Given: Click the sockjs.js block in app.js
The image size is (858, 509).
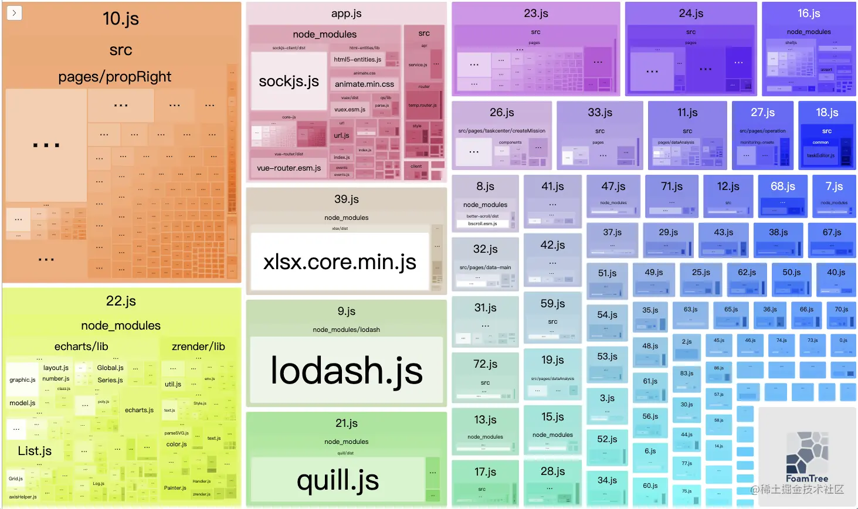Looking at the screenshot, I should (x=289, y=81).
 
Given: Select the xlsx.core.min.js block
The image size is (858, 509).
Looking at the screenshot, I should (x=340, y=262).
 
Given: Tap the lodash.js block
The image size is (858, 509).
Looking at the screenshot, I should (x=346, y=370).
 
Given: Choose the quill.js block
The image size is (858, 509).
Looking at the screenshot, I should (x=337, y=480).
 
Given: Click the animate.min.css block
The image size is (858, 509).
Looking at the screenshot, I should (x=364, y=84).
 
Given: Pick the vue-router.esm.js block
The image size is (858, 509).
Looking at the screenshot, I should (x=289, y=168).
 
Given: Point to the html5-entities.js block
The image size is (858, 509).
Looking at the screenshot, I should (x=357, y=59).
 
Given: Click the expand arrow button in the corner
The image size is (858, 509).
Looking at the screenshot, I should (x=14, y=13).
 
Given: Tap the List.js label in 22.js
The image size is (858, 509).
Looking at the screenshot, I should (x=35, y=451).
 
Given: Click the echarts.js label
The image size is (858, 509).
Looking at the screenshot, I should (x=139, y=410).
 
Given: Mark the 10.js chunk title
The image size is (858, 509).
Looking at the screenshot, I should (x=121, y=19).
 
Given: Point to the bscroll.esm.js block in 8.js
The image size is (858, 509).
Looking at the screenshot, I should (x=483, y=223).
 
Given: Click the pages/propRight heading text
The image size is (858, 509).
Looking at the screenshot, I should (x=114, y=77).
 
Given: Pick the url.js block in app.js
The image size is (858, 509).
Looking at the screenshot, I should (x=341, y=135).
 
